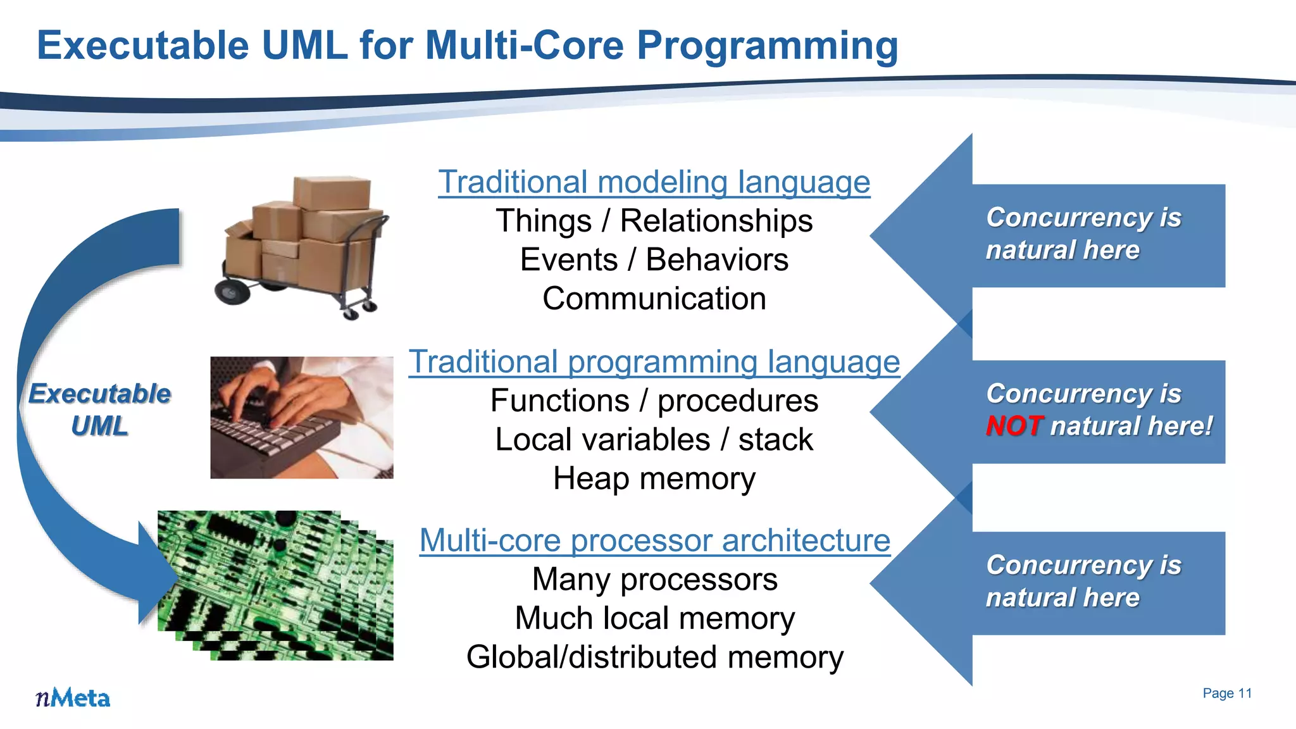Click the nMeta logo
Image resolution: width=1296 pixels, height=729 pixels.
73,697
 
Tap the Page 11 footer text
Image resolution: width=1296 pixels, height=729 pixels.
1226,693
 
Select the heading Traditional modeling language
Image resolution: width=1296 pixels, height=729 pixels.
654,182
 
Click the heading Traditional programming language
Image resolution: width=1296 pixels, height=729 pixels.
654,362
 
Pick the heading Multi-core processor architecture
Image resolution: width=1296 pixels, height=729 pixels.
654,540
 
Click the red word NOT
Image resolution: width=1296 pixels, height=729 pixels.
1013,426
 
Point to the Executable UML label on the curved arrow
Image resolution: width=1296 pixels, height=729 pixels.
100,409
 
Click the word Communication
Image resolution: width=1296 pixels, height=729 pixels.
654,299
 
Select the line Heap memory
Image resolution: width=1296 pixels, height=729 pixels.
654,478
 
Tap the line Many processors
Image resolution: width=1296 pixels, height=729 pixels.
654,580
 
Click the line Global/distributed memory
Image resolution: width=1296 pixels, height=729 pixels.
654,657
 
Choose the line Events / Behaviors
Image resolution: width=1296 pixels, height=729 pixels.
654,260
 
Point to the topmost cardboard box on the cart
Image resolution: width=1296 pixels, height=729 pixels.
331,192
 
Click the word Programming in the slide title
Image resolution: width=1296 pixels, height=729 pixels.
766,46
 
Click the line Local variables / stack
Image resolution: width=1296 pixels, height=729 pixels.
654,440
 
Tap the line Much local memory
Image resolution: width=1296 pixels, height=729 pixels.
654,618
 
